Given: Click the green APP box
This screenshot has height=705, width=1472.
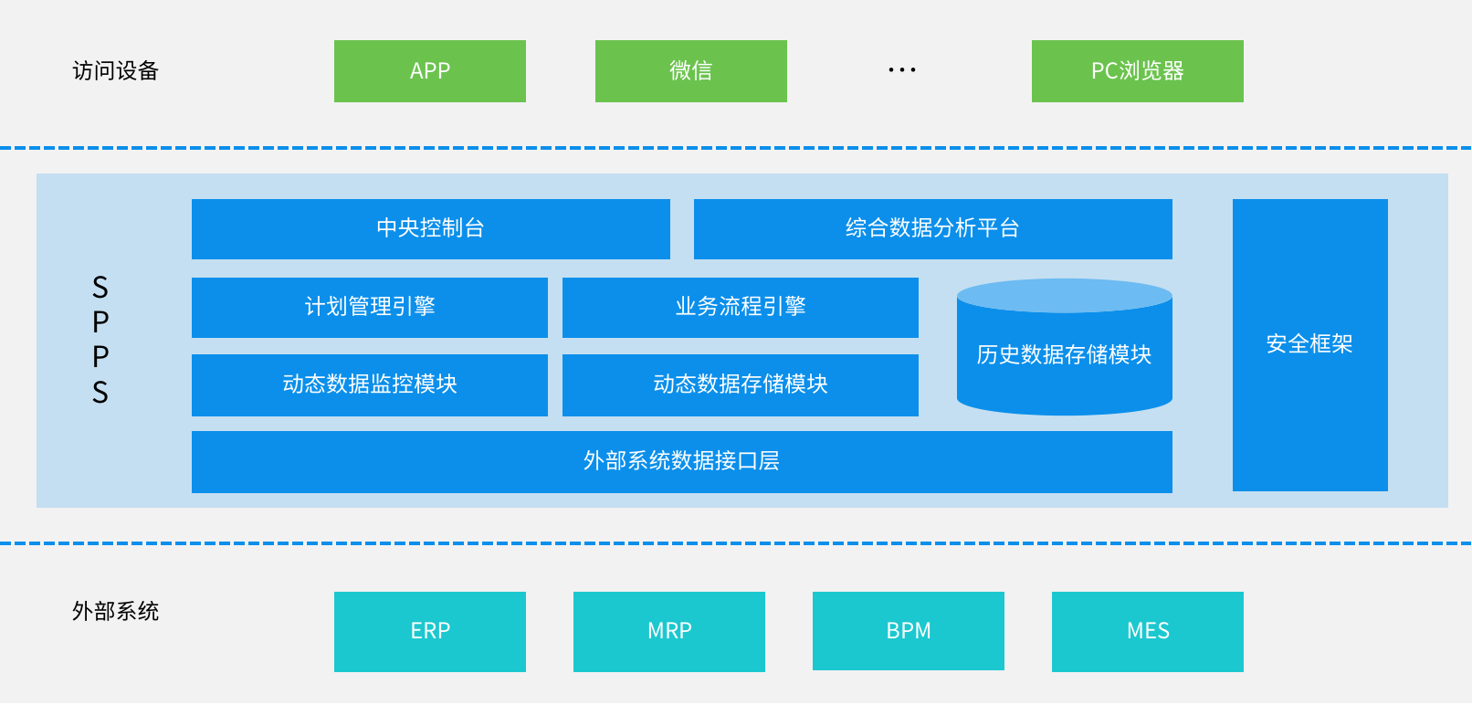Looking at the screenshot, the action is pos(430,71).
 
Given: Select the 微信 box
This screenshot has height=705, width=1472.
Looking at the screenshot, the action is pos(690,71).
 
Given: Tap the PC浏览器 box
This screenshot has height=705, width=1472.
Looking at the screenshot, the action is pos(1138,71).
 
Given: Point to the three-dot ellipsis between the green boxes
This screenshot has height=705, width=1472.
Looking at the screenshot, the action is pos(901,69).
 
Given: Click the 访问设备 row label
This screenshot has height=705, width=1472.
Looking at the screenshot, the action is pos(116,71).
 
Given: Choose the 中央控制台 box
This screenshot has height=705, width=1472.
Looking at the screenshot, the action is pos(431,228).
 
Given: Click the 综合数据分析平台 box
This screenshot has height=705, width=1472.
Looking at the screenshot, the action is pos(933,228).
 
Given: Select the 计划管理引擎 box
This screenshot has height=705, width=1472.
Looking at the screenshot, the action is pos(370,308).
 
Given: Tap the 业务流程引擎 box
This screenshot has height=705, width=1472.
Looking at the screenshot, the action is pos(741,308).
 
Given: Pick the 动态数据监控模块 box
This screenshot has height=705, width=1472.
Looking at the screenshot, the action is pos(370,385).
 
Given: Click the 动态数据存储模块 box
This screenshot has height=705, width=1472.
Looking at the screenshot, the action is pos(741,385).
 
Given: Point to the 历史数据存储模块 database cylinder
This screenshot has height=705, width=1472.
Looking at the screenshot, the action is pos(1065,347).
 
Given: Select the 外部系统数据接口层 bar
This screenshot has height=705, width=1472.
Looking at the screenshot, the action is pos(682,462).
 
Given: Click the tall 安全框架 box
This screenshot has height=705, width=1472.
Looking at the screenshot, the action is pos(1310,345).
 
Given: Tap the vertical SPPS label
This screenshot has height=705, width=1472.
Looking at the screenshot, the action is pos(100,340).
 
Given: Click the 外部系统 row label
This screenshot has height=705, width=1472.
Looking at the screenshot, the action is pos(116,612).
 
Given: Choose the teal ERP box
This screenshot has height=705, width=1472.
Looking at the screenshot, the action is pos(430,631).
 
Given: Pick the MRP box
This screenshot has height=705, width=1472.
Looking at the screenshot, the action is pos(669,631).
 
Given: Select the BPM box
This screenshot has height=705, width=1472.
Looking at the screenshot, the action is pos(909,631).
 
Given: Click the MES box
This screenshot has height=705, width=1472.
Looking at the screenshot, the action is pos(1148,631).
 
